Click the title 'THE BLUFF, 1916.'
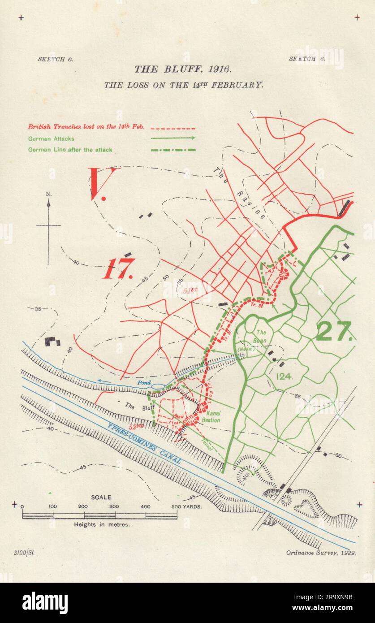(x=182, y=69)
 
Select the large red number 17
(x=118, y=269)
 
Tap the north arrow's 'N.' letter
(x=48, y=194)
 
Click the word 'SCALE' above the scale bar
(x=101, y=497)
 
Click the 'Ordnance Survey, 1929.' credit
(x=321, y=553)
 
